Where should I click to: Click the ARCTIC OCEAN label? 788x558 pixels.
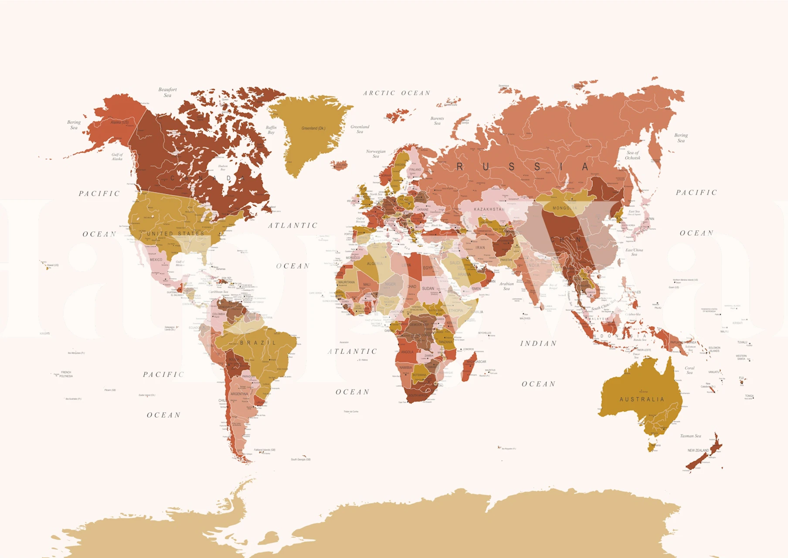pyautogui.click(x=397, y=93)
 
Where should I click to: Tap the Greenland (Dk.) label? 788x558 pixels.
pyautogui.click(x=313, y=128)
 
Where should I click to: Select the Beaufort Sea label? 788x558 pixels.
pyautogui.click(x=167, y=92)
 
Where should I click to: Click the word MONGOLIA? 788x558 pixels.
pyautogui.click(x=564, y=208)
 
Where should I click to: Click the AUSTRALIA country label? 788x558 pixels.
pyautogui.click(x=642, y=399)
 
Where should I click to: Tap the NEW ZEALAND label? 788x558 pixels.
pyautogui.click(x=698, y=450)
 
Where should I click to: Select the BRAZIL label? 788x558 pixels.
pyautogui.click(x=258, y=343)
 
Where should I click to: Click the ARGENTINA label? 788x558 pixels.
pyautogui.click(x=239, y=394)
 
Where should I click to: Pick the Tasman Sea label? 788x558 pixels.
pyautogui.click(x=690, y=436)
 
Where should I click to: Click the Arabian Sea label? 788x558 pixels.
pyautogui.click(x=506, y=286)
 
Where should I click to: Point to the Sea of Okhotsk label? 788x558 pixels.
pyautogui.click(x=632, y=155)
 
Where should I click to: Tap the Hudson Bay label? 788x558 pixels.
pyautogui.click(x=223, y=167)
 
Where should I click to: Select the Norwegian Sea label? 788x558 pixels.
pyautogui.click(x=376, y=153)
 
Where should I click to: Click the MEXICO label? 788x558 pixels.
pyautogui.click(x=156, y=260)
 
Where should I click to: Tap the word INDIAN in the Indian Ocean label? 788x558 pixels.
pyautogui.click(x=538, y=344)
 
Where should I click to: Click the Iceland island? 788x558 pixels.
pyautogui.click(x=339, y=165)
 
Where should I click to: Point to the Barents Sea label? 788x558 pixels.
pyautogui.click(x=437, y=121)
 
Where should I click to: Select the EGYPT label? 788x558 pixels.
pyautogui.click(x=428, y=268)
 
